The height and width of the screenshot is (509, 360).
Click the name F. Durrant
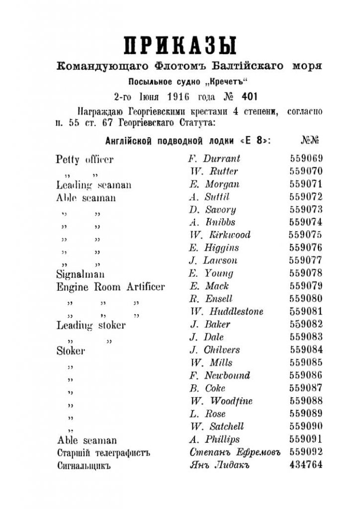[214, 159]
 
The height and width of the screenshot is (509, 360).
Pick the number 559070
[306, 171]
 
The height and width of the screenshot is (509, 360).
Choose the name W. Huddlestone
[226, 312]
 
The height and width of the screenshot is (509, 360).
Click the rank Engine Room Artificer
[110, 287]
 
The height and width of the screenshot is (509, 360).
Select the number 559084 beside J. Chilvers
[306, 350]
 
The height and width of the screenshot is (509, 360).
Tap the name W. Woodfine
[221, 401]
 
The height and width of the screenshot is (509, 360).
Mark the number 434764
[306, 465]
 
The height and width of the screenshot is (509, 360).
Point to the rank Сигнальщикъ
[84, 466]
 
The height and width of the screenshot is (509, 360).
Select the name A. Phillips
[214, 439]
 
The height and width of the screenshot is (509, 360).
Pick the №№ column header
[310, 140]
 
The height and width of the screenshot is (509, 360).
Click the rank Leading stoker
[90, 326]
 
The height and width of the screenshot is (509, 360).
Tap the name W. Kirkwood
[219, 235]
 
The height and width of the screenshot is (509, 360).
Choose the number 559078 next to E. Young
[306, 273]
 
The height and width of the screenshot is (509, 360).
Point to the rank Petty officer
[85, 160]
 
